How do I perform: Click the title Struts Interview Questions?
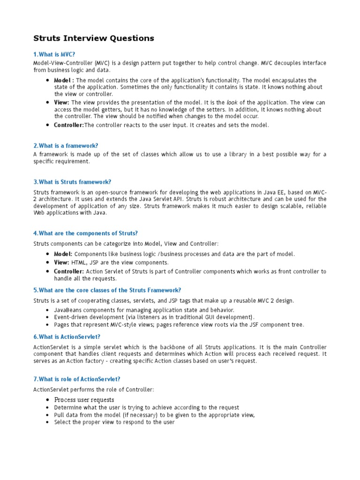(x=94, y=38)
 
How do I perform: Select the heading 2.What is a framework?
(x=66, y=146)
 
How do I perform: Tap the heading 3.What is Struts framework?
(x=72, y=182)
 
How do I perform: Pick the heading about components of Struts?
(x=85, y=233)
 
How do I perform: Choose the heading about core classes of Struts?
(x=107, y=290)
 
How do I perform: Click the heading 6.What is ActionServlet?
(x=67, y=337)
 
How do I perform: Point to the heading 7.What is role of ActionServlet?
(x=80, y=379)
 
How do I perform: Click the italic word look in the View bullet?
(x=232, y=103)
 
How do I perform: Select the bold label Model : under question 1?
(x=64, y=81)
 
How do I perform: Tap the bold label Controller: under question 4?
(x=69, y=271)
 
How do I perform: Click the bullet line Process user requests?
(x=84, y=400)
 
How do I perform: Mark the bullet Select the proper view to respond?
(x=114, y=422)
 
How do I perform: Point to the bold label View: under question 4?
(x=61, y=262)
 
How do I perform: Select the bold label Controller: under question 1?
(x=69, y=125)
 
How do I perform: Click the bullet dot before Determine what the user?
(x=48, y=408)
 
